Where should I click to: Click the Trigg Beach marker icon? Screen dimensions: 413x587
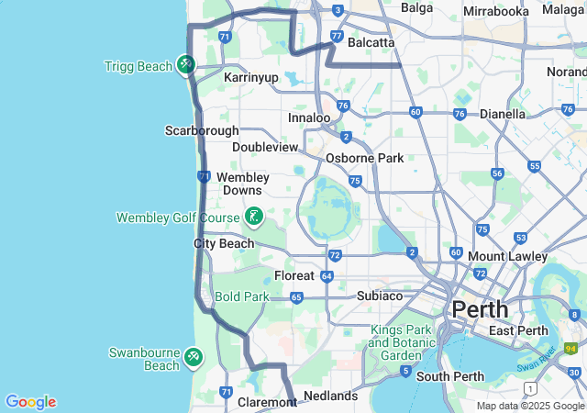[x=186, y=64]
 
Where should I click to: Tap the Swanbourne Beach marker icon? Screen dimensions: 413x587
[x=193, y=356]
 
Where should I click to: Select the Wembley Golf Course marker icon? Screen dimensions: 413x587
[x=254, y=218]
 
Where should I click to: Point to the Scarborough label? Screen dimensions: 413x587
[x=202, y=130]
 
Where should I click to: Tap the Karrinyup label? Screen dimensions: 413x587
[x=250, y=78]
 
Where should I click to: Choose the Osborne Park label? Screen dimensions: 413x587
[x=364, y=158]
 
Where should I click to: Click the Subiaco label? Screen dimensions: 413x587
[x=380, y=296]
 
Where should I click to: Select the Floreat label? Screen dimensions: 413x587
[x=293, y=275]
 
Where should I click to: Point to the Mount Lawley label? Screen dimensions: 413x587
[x=508, y=256]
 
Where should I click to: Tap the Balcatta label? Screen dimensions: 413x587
[x=371, y=42]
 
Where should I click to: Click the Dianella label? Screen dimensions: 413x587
[x=503, y=114]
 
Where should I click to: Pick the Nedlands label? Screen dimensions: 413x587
[x=330, y=396]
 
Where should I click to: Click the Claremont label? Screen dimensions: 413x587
[x=264, y=402]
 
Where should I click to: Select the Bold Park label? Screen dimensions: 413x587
[x=242, y=297]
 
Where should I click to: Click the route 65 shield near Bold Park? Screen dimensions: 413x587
[x=296, y=297]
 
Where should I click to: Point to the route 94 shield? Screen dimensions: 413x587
[x=570, y=349]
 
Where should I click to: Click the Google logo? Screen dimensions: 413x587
[x=30, y=402]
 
